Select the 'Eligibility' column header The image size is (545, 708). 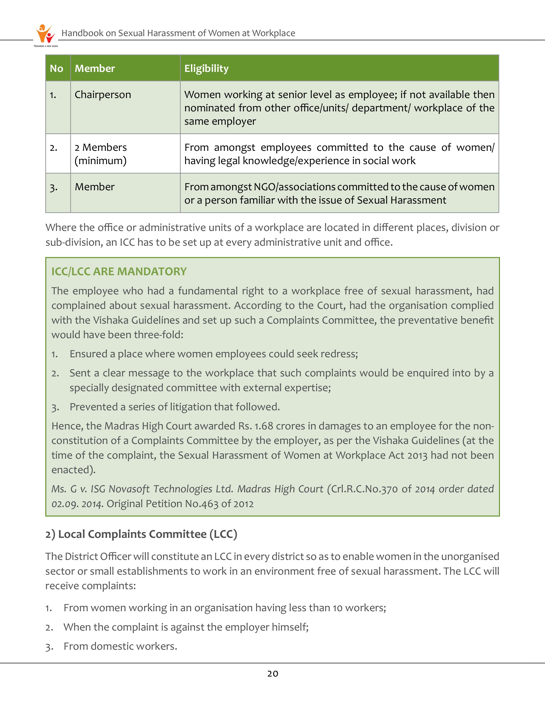point(206,69)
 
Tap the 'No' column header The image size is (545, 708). point(56,69)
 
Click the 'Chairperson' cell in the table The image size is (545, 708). point(103,95)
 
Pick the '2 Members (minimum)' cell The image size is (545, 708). point(101,154)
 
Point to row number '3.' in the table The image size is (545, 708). point(54,187)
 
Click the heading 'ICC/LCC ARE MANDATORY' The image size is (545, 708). point(119,271)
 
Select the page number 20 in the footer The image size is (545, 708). point(272,674)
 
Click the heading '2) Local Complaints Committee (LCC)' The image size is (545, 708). point(141,534)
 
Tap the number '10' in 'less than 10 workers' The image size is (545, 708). point(337,608)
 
